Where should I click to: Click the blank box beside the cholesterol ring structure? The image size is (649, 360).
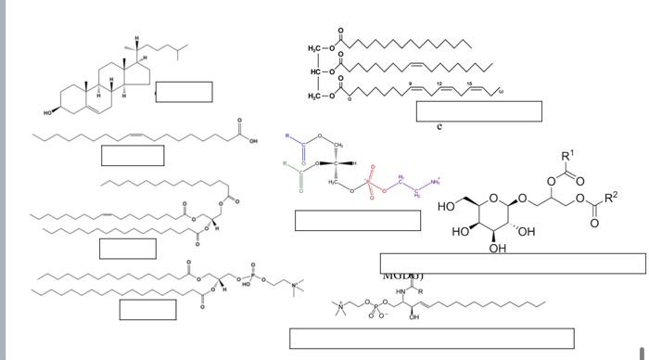pos(184,91)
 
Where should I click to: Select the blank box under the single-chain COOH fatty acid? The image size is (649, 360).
pos(133,155)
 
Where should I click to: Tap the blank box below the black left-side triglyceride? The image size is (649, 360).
pos(127,248)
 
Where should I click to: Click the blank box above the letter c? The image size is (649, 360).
pos(478,110)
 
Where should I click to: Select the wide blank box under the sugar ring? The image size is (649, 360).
pos(512,263)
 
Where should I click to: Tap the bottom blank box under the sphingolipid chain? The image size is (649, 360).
pos(431,338)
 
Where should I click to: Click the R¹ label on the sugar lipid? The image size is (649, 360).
pos(567,154)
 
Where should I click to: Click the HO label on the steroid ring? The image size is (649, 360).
pos(47,112)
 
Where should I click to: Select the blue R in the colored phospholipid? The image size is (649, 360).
pos(288,136)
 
